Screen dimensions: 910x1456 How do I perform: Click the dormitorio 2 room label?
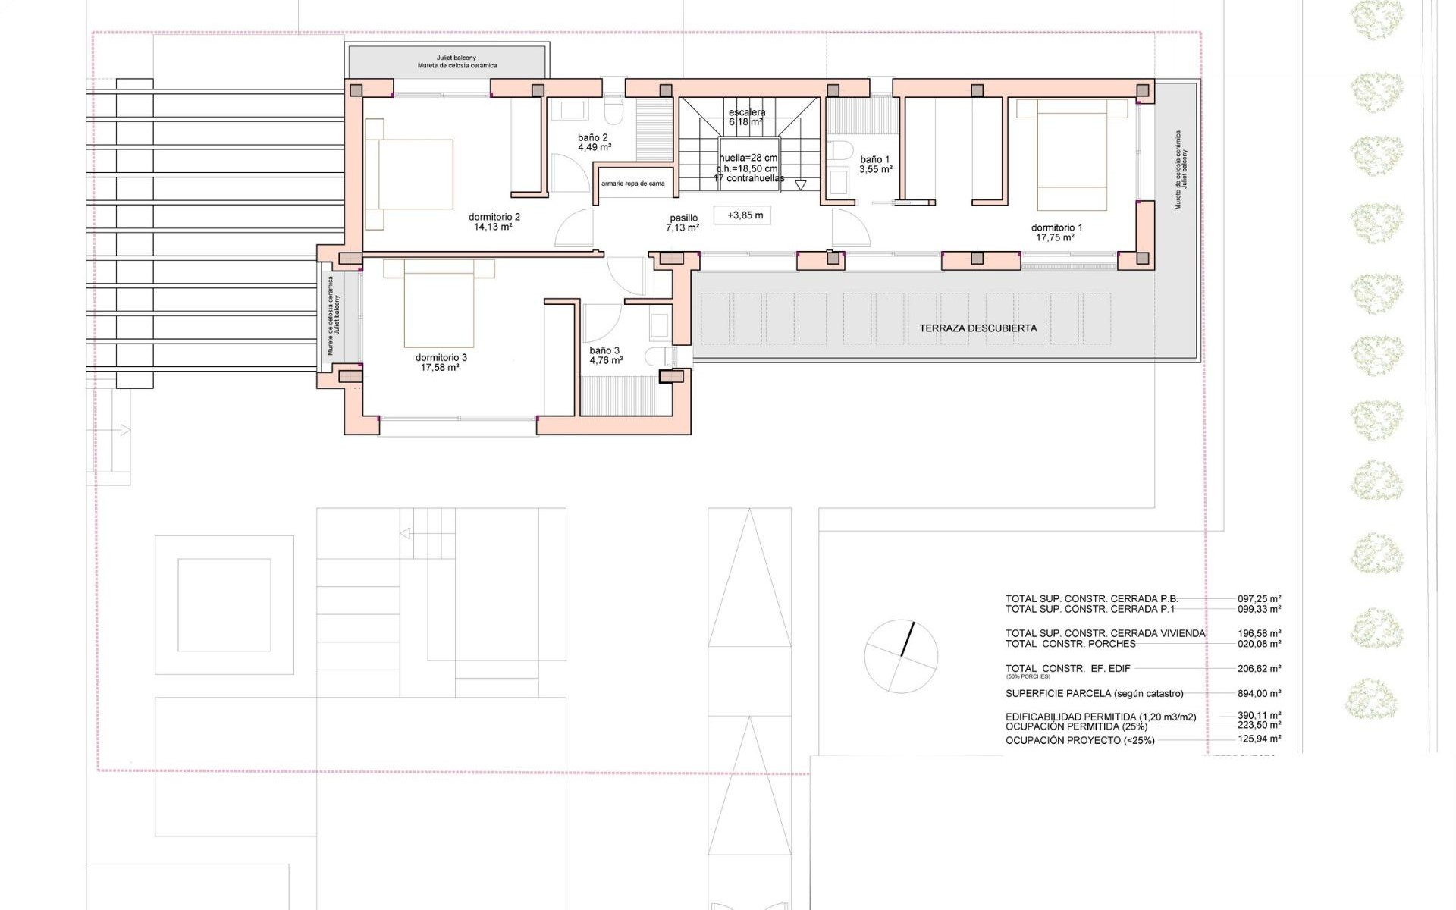click(x=494, y=217)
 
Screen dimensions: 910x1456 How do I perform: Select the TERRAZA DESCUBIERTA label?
click(x=977, y=328)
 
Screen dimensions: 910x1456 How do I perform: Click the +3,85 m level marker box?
click(x=745, y=215)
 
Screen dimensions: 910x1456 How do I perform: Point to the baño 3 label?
click(x=604, y=350)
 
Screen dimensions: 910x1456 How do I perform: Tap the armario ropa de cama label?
click(x=632, y=184)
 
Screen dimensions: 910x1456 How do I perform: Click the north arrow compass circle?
click(x=901, y=655)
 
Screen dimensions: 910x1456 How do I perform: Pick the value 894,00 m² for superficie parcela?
click(x=1259, y=693)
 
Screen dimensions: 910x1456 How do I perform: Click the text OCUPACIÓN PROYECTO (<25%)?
click(x=1079, y=740)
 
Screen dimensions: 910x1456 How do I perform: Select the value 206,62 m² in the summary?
click(x=1259, y=669)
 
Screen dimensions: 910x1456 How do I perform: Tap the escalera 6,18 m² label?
click(x=746, y=117)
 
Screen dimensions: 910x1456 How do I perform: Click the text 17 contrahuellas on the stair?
click(x=748, y=178)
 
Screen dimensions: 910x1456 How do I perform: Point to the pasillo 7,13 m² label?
click(x=682, y=222)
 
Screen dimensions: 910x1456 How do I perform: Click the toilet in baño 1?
click(x=839, y=148)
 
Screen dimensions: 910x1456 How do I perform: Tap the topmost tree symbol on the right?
click(x=1376, y=21)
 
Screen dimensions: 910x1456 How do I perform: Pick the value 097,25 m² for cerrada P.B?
click(x=1259, y=598)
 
